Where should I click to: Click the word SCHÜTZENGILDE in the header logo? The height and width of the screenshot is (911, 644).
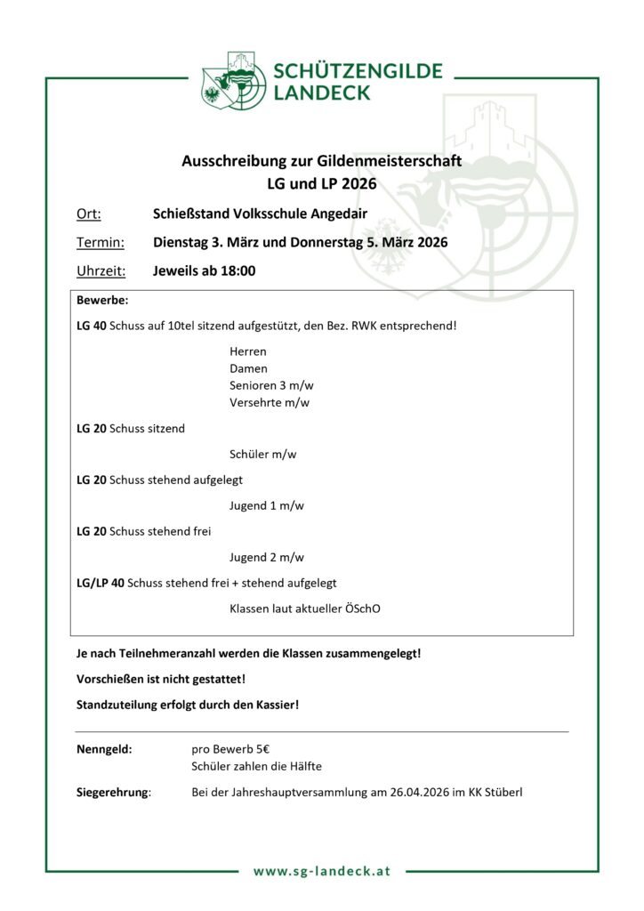pyautogui.click(x=358, y=71)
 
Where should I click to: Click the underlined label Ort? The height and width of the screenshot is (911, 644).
pyautogui.click(x=88, y=214)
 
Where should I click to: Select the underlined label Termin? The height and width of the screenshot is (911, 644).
pyautogui.click(x=101, y=242)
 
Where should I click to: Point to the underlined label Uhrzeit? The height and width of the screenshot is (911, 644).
pyautogui.click(x=101, y=270)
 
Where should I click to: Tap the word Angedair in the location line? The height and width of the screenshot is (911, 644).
pyautogui.click(x=337, y=214)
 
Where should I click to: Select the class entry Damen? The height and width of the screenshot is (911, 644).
pyautogui.click(x=248, y=368)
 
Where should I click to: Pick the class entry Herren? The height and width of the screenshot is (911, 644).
pyautogui.click(x=248, y=351)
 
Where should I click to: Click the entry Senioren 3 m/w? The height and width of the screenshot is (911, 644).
pyautogui.click(x=271, y=385)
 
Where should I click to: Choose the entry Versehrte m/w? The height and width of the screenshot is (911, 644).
pyautogui.click(x=270, y=402)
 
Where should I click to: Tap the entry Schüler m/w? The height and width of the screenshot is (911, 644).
pyautogui.click(x=262, y=454)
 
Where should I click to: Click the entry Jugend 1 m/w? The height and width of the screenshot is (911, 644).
pyautogui.click(x=266, y=505)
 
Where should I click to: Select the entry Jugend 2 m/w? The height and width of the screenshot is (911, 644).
pyautogui.click(x=266, y=557)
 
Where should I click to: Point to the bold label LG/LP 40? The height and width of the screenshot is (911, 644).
pyautogui.click(x=101, y=583)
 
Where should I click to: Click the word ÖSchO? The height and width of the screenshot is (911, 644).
pyautogui.click(x=373, y=609)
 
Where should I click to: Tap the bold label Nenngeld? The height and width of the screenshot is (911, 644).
pyautogui.click(x=105, y=749)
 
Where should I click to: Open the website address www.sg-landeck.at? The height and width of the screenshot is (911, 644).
pyautogui.click(x=322, y=871)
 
